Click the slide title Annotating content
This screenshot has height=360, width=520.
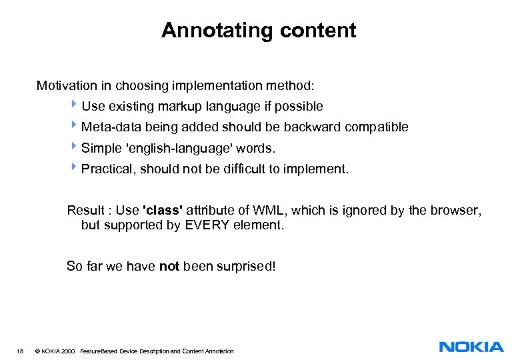(x=259, y=31)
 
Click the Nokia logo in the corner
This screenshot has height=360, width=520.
(x=471, y=347)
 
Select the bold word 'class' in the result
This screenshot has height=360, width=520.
(x=163, y=211)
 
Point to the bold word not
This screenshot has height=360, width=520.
(x=169, y=267)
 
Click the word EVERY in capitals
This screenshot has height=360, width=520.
(x=206, y=225)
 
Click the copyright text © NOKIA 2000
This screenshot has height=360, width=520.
(x=55, y=351)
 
